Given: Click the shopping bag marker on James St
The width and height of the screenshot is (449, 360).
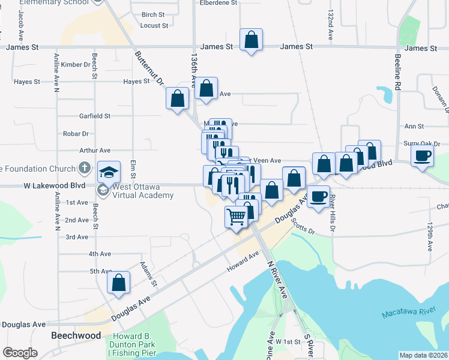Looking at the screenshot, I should pos(252,40).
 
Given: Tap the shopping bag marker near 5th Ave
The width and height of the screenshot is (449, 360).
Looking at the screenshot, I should pos(119,282).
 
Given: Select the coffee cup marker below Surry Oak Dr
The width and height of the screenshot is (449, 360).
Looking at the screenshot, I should pos(423,156).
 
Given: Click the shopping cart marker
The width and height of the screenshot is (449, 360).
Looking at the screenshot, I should pos(237,217).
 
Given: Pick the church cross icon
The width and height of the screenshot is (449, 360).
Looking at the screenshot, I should pos(85,169).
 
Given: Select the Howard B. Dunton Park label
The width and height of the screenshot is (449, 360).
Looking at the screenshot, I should pos(131,341).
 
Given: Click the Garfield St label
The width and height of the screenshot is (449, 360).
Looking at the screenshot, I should pos(95,116).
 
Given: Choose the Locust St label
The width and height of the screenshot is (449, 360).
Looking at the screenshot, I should pos(154,26).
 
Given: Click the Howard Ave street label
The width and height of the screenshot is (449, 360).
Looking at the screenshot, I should pos(243,262).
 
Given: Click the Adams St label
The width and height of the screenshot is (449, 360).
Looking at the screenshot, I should pos(148,274).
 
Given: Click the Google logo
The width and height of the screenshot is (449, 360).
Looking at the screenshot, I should pos(20,353).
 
